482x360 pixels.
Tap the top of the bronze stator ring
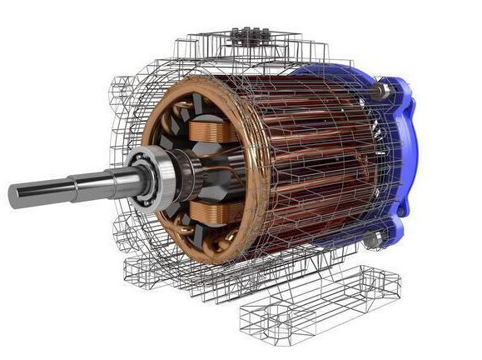200,82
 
